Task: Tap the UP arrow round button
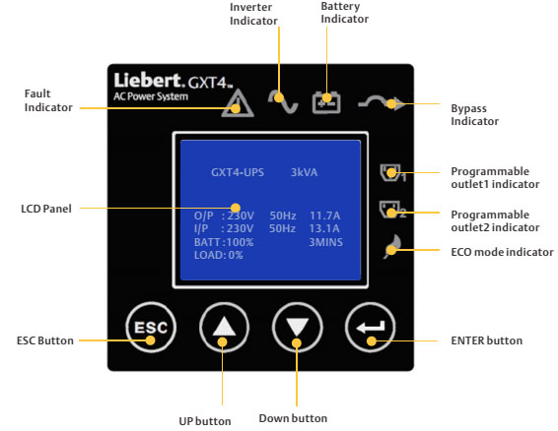click(x=224, y=327)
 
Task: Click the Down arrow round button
click(x=297, y=327)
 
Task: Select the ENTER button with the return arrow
click(x=370, y=327)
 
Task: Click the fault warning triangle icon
click(x=238, y=103)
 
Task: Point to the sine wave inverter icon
click(x=283, y=102)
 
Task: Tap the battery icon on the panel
click(x=326, y=103)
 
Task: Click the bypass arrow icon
click(x=382, y=102)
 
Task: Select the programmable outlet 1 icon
click(x=392, y=173)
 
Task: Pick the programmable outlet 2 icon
click(x=392, y=210)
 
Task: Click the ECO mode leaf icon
click(x=392, y=247)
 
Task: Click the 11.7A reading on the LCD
click(x=324, y=215)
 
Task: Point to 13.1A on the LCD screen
click(x=324, y=228)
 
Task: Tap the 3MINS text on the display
click(x=325, y=242)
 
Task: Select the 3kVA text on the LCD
click(x=304, y=172)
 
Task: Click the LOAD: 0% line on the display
click(x=219, y=255)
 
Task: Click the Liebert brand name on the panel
click(x=150, y=81)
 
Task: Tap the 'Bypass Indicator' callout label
click(x=474, y=115)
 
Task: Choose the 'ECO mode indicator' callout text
click(x=502, y=252)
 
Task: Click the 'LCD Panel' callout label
click(x=46, y=209)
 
